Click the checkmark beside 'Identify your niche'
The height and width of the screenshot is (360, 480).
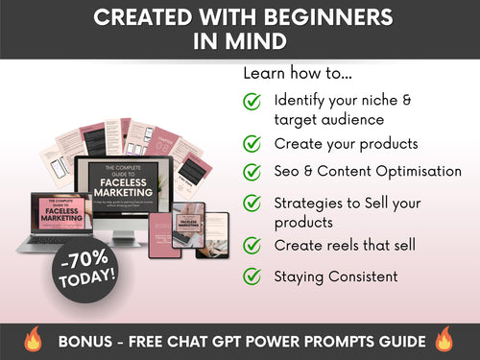[252, 101]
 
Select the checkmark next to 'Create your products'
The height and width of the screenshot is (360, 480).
[252, 143]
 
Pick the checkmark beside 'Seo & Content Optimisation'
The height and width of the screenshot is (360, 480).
[252, 172]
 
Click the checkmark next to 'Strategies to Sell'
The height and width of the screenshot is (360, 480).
[252, 203]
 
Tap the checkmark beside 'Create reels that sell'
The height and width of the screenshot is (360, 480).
[252, 246]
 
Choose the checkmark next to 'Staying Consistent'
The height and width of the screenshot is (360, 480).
[252, 276]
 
